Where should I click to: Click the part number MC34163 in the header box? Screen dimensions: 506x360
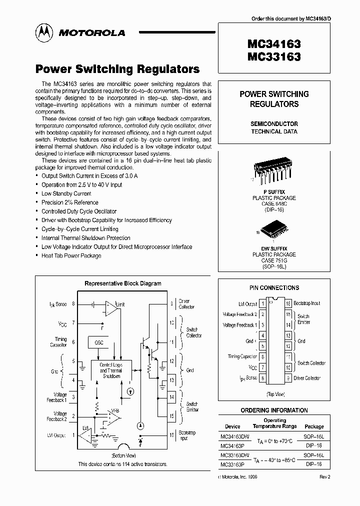click(x=273, y=44)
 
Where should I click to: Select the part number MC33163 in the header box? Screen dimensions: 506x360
click(x=273, y=57)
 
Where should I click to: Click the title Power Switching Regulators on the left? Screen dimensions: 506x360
click(x=117, y=69)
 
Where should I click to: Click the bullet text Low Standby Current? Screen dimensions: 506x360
click(x=66, y=193)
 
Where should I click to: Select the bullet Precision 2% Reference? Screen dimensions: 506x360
click(x=69, y=202)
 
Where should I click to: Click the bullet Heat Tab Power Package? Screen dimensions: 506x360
click(x=71, y=255)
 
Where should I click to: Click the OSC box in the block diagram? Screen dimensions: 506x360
click(x=98, y=342)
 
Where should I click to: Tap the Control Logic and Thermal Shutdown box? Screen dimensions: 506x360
click(x=111, y=370)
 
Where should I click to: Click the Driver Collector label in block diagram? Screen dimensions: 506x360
click(x=186, y=304)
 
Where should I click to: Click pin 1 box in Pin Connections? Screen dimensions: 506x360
click(x=262, y=303)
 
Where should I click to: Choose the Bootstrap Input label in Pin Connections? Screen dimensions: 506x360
click(x=306, y=303)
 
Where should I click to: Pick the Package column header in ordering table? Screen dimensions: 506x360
click(x=314, y=426)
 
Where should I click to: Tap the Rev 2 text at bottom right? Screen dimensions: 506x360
click(x=325, y=476)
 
